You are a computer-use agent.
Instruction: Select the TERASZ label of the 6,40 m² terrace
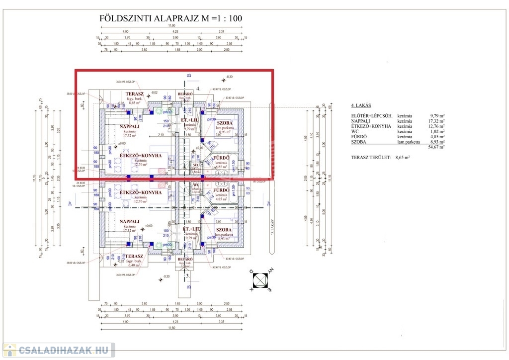(x=134, y=256)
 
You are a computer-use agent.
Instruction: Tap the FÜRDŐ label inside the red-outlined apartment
(x=221, y=158)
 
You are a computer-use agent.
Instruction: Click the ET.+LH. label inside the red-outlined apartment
(x=190, y=120)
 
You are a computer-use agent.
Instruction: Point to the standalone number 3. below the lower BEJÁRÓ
(x=187, y=274)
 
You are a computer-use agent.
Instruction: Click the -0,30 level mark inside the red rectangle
(x=229, y=77)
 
